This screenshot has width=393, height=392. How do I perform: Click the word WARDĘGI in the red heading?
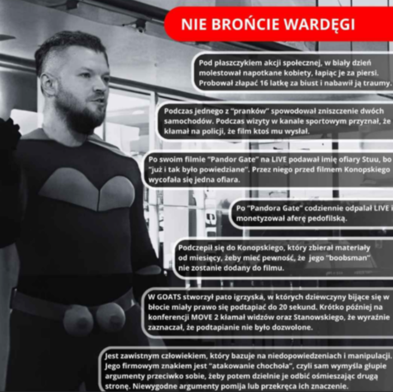pos(320,25)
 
